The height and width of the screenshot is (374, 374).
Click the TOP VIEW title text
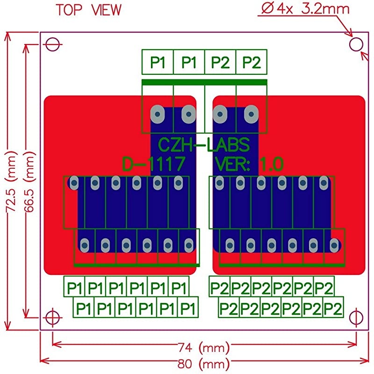coord(88,10)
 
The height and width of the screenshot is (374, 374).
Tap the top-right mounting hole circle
coord(356,44)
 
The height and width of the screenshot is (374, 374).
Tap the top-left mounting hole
coord(53,44)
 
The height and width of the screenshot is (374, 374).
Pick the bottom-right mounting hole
coord(356,317)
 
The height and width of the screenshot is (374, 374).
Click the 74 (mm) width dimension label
coord(204,348)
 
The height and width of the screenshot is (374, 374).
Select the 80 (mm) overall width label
coord(204,363)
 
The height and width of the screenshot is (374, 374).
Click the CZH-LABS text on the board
coord(204,144)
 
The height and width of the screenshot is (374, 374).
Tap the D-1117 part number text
coord(154,164)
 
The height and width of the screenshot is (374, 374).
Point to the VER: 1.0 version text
coord(249,164)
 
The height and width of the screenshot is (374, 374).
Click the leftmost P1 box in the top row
coord(158,62)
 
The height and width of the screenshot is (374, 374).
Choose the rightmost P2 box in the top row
coord(252,62)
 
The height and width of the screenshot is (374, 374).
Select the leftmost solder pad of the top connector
coord(158,114)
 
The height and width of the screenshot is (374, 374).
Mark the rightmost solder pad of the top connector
coord(252,114)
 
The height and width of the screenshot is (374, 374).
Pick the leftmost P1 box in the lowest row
coord(84,308)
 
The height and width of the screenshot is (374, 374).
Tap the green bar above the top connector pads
coord(204,82)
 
